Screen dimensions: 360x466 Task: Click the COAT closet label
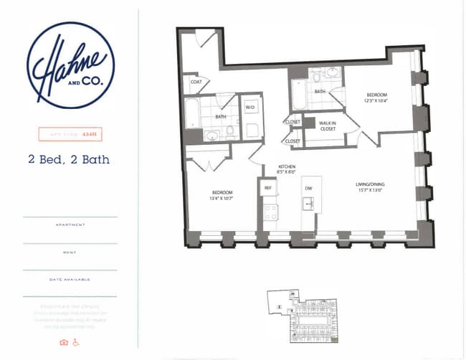(196, 81)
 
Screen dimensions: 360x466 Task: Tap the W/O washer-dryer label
(250, 108)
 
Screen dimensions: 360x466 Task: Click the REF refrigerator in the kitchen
(268, 188)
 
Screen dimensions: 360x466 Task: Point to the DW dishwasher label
(309, 188)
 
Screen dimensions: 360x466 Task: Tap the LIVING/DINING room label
(370, 187)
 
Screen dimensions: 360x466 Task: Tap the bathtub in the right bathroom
(299, 94)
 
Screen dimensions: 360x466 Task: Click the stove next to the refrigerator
(270, 212)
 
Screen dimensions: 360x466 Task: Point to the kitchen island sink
(308, 204)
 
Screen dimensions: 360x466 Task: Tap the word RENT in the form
(70, 252)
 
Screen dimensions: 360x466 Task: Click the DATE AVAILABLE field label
(70, 279)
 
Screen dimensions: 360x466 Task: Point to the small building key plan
(301, 316)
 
